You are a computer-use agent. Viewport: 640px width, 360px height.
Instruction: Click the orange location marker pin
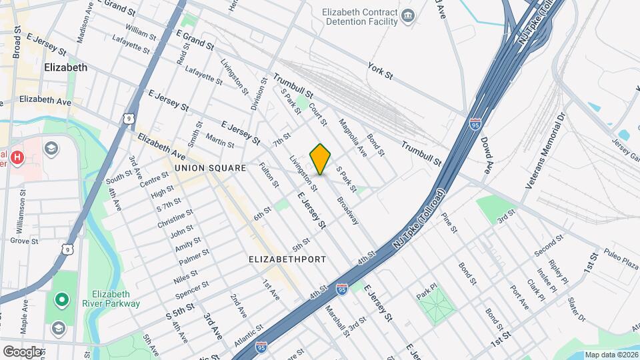coord(321,159)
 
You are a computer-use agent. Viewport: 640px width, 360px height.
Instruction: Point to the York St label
coord(380,71)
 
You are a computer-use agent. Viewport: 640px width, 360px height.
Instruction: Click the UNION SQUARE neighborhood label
coord(211,169)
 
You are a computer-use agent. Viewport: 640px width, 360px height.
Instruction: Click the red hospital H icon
coord(18,158)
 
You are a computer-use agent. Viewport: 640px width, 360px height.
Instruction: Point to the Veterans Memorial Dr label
coord(544,150)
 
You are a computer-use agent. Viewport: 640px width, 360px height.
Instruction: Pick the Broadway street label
coord(347,210)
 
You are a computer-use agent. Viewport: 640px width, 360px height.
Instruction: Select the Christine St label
coord(175,218)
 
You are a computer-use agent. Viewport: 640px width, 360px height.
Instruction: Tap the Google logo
coord(22,351)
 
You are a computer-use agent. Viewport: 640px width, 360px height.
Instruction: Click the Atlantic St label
coord(249,340)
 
